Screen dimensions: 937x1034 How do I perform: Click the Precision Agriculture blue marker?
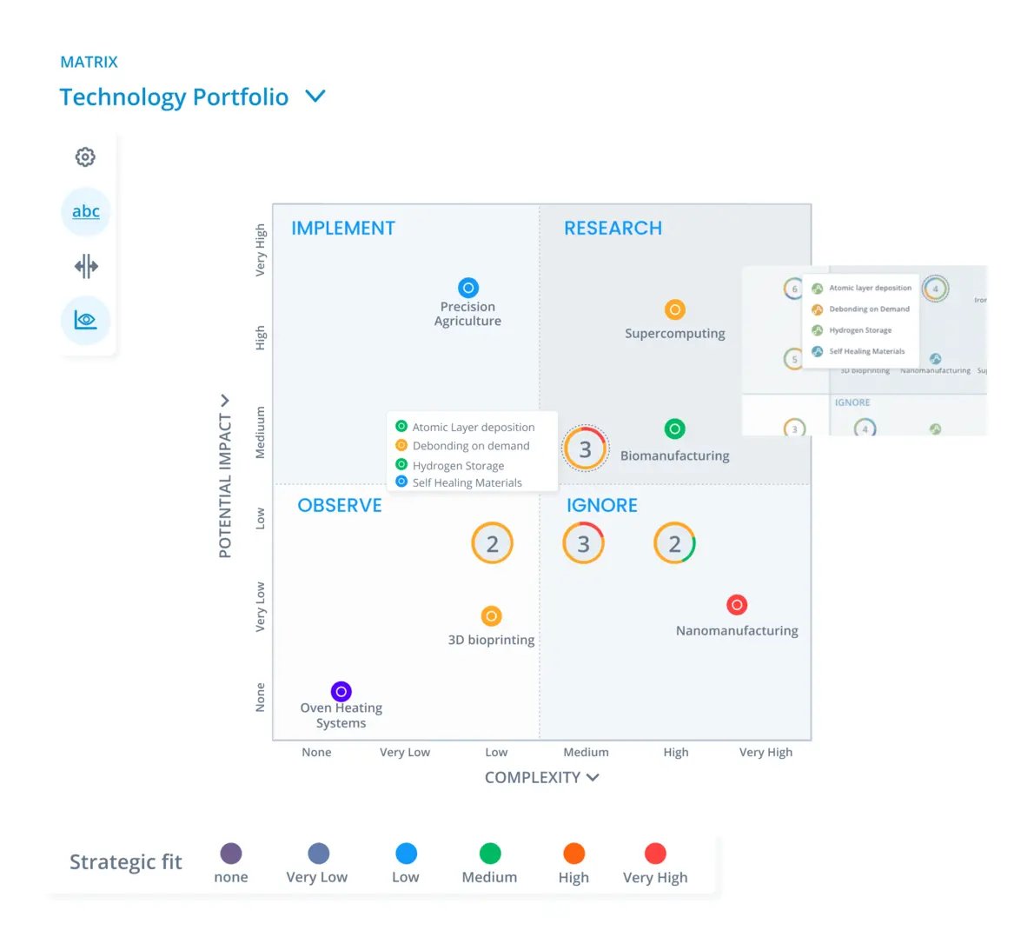coord(467,288)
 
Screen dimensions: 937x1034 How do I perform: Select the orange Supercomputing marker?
coord(674,309)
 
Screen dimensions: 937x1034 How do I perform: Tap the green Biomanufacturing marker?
coord(674,429)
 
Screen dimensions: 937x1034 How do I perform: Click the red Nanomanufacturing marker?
coord(737,605)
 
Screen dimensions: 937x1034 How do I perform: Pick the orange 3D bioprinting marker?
coord(491,616)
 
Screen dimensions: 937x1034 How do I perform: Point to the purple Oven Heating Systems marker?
coord(341,691)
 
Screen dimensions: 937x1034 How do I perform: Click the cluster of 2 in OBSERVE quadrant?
coord(492,544)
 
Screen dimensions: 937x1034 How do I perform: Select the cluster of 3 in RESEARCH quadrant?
coord(585,449)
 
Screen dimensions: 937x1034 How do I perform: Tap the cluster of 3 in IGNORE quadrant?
coord(584,544)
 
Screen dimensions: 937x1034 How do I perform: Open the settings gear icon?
coord(85,157)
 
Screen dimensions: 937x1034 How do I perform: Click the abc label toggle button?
coord(86,211)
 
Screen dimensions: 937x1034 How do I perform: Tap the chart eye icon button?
coord(86,320)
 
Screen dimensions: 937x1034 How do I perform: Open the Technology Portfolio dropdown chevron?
coord(315,96)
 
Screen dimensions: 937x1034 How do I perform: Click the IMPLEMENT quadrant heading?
coord(343,228)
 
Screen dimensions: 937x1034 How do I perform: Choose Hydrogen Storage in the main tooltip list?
coord(458,465)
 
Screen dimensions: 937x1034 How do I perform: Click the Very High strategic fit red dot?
coord(655,854)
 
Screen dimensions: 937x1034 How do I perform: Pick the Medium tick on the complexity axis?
coord(586,752)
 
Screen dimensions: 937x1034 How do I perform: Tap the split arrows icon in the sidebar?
coord(86,266)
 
